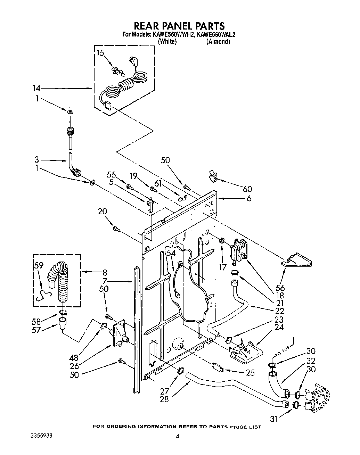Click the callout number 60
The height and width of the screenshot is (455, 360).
[247, 189]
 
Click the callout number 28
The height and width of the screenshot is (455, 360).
[164, 399]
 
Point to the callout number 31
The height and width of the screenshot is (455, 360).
[275, 419]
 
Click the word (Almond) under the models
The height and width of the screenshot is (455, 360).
[218, 42]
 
